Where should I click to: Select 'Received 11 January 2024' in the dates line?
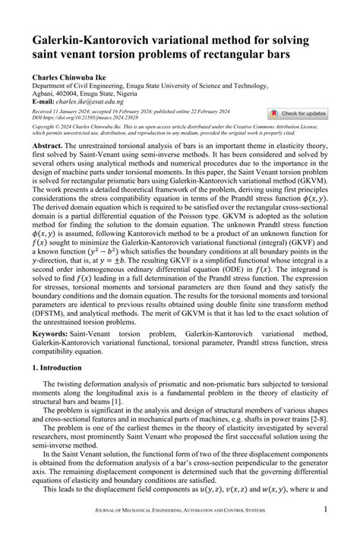[63, 111]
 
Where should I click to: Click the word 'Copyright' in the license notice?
[44, 125]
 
